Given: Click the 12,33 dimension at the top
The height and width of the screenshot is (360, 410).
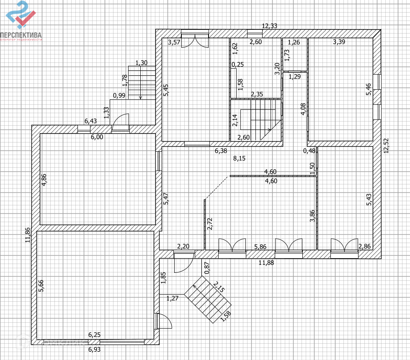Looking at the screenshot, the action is [x=270, y=26].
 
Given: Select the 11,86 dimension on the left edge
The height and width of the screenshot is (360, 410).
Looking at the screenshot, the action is [x=28, y=235].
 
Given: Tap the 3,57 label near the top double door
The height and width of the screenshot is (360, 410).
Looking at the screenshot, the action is [x=174, y=42].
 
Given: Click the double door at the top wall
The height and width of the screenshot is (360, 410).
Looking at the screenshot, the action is [x=195, y=41].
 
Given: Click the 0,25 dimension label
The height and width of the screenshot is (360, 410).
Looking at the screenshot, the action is [x=237, y=65].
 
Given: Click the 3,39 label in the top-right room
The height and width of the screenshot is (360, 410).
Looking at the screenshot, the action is [x=339, y=42].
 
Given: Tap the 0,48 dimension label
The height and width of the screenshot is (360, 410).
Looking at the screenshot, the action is [x=309, y=151].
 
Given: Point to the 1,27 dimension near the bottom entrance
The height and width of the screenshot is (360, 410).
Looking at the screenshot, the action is [x=173, y=298].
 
